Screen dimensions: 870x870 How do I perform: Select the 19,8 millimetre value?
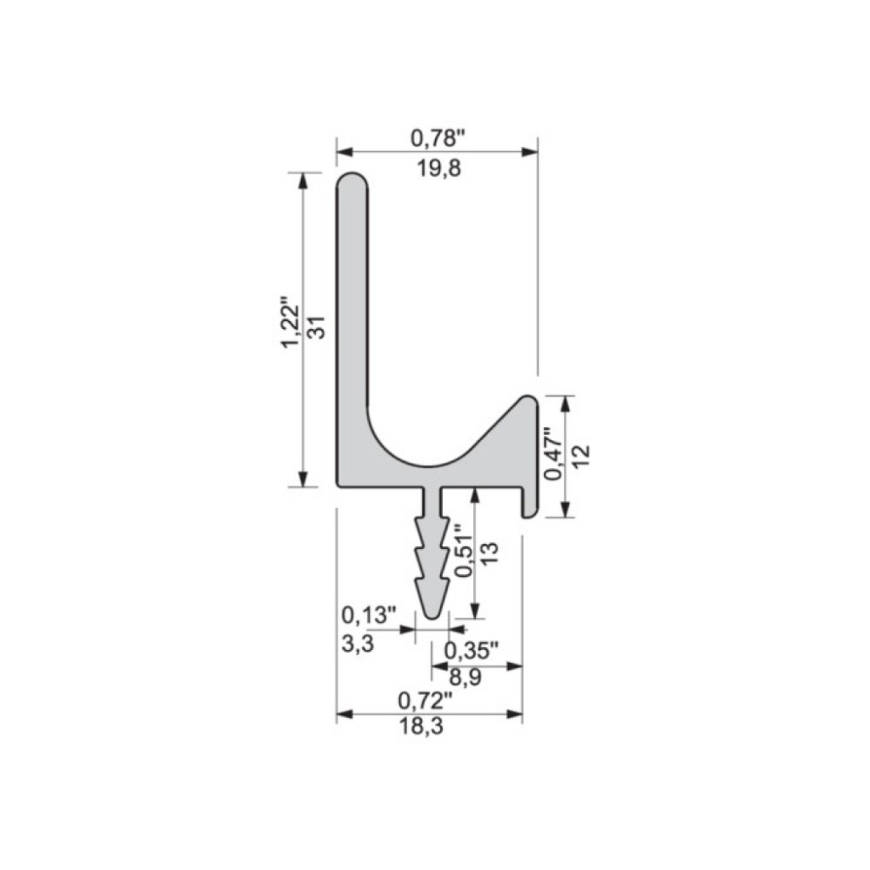pos(438,168)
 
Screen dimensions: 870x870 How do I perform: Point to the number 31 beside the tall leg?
pos(318,327)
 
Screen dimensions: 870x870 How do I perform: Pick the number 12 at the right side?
pos(581,456)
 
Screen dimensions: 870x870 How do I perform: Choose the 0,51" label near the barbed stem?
pos(465,551)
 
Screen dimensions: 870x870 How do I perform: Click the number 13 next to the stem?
pos(490,553)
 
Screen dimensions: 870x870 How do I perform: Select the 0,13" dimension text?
pos(369,615)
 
